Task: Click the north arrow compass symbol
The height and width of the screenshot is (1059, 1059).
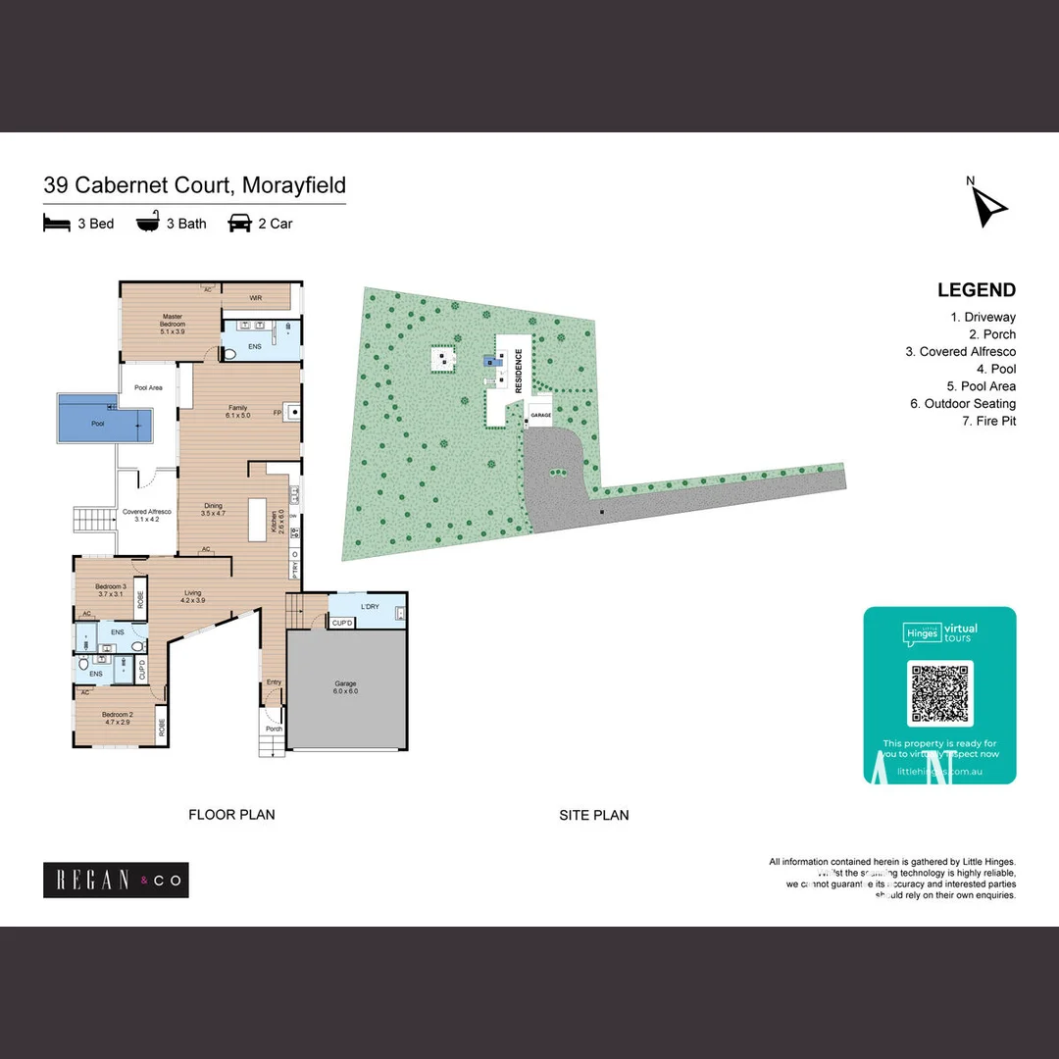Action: (x=988, y=204)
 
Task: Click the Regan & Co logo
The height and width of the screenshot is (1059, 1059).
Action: (x=116, y=880)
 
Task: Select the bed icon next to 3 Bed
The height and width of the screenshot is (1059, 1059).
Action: (x=57, y=224)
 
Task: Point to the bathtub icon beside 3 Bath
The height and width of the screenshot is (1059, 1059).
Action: (x=147, y=223)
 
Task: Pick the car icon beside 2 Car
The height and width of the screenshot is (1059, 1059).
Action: (x=239, y=224)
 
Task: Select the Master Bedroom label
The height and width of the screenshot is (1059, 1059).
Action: (x=173, y=325)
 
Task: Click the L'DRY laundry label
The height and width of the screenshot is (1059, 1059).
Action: (x=370, y=607)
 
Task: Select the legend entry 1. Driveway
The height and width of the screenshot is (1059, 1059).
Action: (x=983, y=317)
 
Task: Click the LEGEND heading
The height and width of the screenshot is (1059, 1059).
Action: (x=976, y=289)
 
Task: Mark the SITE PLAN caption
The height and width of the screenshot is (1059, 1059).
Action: (x=594, y=815)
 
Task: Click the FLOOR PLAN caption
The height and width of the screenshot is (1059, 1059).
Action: (x=231, y=814)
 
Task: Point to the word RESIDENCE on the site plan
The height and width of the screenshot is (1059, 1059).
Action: (x=519, y=372)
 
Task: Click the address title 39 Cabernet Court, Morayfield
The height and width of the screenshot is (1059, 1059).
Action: (x=194, y=185)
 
